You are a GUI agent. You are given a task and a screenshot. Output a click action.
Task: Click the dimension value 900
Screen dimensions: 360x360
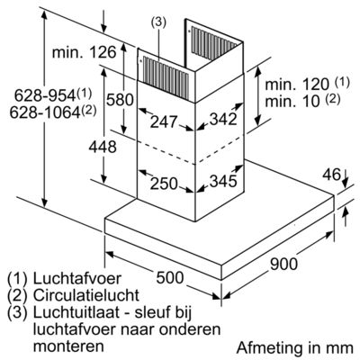[283, 264]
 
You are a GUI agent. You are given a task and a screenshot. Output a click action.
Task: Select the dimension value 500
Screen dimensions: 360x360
[169, 277]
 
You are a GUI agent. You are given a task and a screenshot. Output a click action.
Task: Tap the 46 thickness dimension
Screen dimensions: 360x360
[332, 175]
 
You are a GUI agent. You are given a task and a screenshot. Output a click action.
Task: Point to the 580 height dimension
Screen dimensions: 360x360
[120, 99]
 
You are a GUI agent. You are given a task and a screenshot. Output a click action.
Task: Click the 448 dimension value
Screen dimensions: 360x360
[103, 147]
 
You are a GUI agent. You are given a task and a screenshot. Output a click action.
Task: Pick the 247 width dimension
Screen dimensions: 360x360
[164, 121]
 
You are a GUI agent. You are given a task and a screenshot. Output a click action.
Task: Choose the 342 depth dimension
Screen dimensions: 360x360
[223, 119]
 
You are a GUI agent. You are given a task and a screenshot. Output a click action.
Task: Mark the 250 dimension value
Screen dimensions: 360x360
[164, 184]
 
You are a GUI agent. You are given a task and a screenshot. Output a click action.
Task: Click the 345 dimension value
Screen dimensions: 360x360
[223, 181]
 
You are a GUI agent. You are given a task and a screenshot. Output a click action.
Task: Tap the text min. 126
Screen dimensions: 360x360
[84, 52]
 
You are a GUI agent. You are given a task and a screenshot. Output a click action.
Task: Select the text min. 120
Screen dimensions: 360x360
[297, 85]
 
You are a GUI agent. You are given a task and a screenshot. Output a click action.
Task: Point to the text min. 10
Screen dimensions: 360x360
[292, 101]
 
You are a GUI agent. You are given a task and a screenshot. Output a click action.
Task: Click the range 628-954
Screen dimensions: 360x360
[45, 95]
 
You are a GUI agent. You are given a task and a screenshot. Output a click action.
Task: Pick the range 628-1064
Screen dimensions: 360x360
[45, 112]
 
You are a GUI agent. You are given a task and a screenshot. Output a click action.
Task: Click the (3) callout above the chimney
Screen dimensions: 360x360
[158, 22]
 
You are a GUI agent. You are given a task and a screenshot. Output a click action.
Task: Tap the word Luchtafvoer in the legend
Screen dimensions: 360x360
[77, 278]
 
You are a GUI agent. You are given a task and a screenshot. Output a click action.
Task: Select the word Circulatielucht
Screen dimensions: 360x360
[86, 295]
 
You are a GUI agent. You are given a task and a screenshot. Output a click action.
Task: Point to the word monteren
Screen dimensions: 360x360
[68, 346]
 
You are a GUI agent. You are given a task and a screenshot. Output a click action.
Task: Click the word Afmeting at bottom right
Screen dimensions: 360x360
[268, 348]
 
